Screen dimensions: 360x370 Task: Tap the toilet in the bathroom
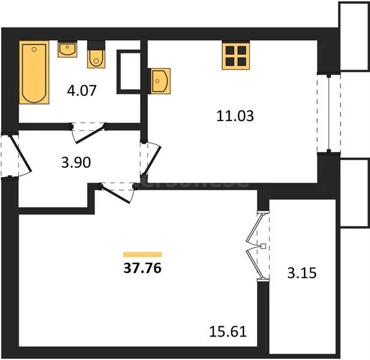(x=96, y=55)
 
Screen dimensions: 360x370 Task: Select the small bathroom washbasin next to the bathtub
(x=67, y=49)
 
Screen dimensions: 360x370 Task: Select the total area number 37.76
(x=142, y=268)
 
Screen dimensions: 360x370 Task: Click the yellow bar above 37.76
(x=142, y=254)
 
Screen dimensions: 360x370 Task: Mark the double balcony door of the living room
(x=259, y=246)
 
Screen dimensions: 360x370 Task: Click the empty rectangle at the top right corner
(x=353, y=36)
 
